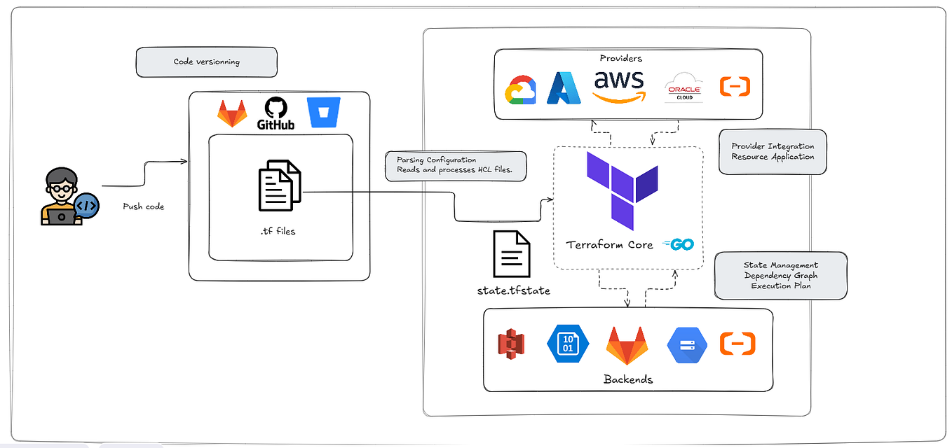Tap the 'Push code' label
tap(143, 206)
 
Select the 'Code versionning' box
tap(206, 62)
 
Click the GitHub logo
tap(276, 114)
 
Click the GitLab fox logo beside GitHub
tap(231, 113)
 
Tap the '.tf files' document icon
tap(280, 185)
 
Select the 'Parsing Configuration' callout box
tap(455, 166)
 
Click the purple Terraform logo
tap(622, 190)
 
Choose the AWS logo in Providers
tap(618, 86)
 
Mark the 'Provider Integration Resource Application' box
tap(773, 152)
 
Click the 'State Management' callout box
tap(780, 276)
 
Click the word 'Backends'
tap(627, 379)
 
